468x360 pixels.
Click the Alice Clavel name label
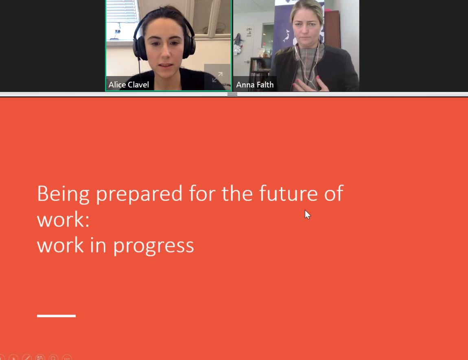pyautogui.click(x=129, y=85)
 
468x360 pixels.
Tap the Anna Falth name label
pyautogui.click(x=255, y=85)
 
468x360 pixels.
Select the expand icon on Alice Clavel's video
pyautogui.click(x=217, y=76)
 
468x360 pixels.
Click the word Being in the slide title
pyautogui.click(x=63, y=194)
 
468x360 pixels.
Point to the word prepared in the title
pyautogui.click(x=139, y=194)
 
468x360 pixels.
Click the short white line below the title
pyautogui.click(x=56, y=316)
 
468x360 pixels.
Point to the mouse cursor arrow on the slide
pyautogui.click(x=307, y=214)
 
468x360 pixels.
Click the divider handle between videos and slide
pyautogui.click(x=232, y=94)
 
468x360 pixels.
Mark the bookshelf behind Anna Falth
pyautogui.click(x=258, y=67)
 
